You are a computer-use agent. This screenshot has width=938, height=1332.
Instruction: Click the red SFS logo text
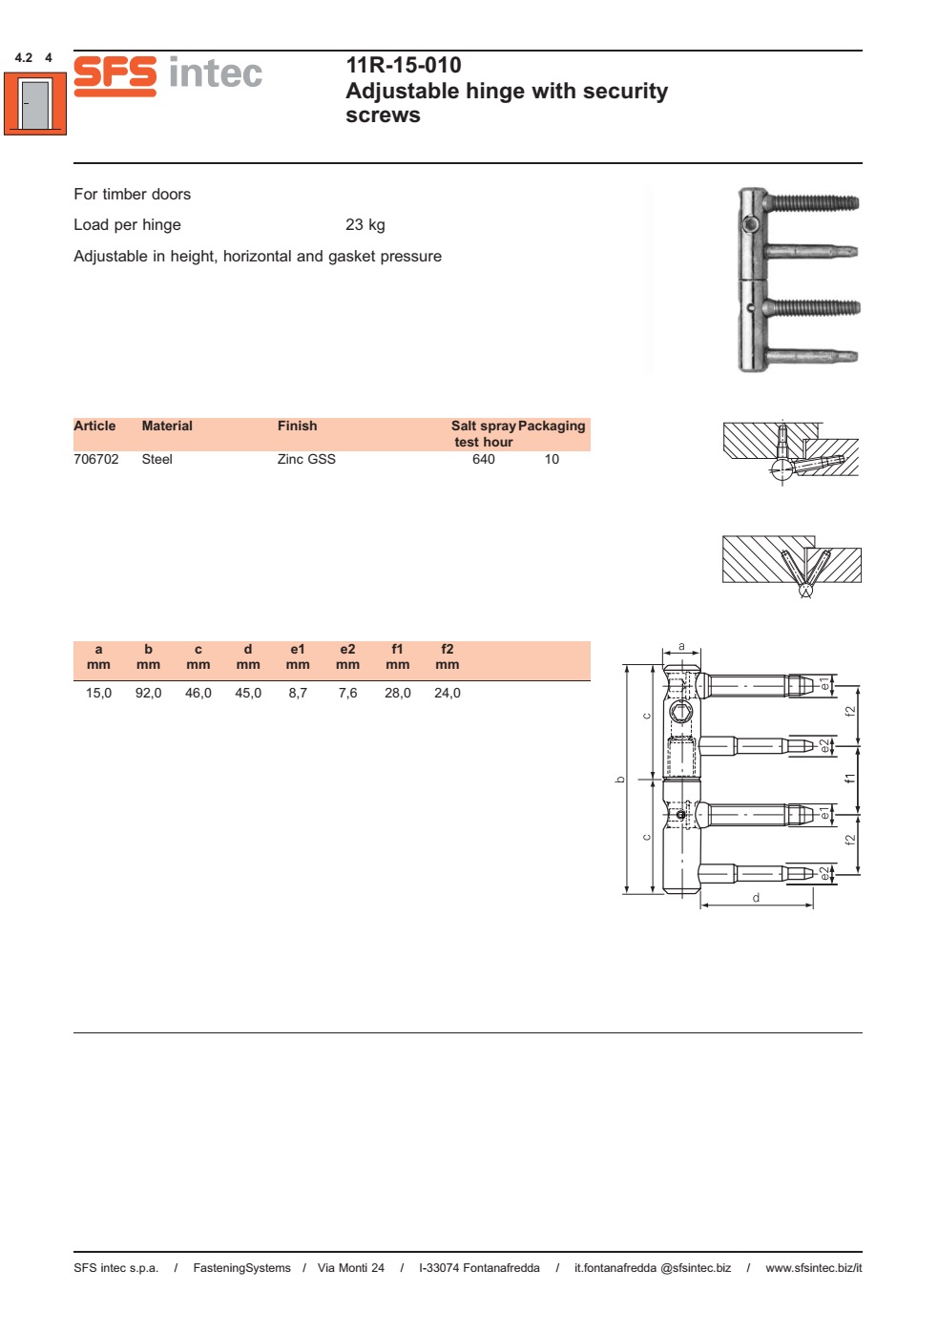[x=115, y=74]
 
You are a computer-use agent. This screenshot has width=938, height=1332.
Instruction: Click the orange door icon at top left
[x=35, y=104]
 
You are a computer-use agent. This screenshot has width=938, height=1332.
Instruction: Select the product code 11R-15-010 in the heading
[x=403, y=65]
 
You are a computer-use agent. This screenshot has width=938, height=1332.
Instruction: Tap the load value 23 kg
[x=365, y=225]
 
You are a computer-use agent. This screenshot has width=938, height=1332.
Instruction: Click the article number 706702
[x=95, y=459]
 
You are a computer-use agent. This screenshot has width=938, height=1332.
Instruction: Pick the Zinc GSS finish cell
[x=305, y=459]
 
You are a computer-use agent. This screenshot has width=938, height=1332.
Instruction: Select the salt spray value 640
[x=483, y=459]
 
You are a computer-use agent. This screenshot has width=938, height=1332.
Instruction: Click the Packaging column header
[x=552, y=426]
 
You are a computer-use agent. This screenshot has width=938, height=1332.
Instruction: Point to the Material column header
[x=167, y=426]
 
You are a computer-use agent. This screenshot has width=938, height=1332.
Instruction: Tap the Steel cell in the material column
[x=156, y=459]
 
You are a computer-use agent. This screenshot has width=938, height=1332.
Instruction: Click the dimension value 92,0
[x=148, y=693]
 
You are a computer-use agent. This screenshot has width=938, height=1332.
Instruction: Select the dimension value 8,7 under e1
[x=298, y=693]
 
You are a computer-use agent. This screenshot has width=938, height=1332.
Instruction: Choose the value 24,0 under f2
[x=447, y=693]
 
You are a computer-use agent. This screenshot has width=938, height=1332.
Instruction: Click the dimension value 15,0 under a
[x=98, y=693]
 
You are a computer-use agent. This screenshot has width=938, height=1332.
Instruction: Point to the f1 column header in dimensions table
[x=397, y=650]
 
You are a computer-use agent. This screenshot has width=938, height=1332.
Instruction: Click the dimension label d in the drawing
[x=756, y=898]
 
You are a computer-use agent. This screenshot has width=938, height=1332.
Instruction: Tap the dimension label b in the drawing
[x=620, y=780]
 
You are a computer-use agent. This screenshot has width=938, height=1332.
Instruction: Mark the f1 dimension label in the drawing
[x=849, y=779]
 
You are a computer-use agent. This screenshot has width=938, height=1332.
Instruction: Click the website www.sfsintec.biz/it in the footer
[x=813, y=1268]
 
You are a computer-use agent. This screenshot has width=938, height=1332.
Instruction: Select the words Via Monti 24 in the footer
[x=350, y=1268]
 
